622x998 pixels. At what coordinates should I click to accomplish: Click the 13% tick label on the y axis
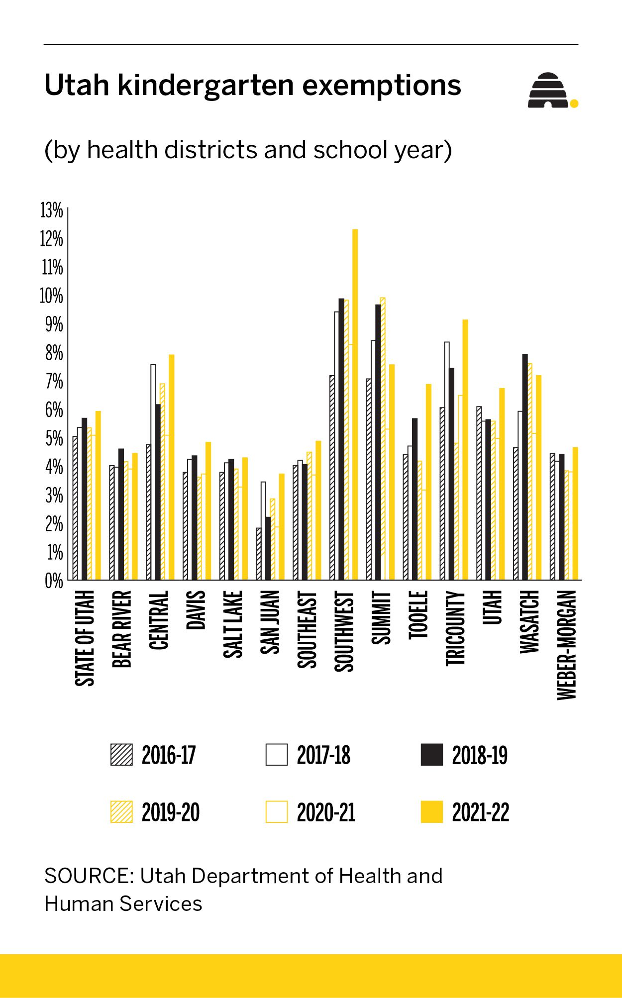[x=52, y=210]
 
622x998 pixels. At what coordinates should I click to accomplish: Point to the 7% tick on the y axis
[x=54, y=382]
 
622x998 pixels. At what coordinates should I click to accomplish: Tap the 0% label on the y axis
[x=54, y=581]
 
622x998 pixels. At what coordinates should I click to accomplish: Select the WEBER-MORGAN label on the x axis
[x=567, y=645]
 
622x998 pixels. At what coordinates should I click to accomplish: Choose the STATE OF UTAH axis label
[x=85, y=638]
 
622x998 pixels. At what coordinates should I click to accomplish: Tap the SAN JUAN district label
[x=270, y=622]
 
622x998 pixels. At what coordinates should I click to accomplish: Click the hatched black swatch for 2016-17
[x=121, y=754]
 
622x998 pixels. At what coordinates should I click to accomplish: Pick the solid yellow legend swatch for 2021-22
[x=431, y=811]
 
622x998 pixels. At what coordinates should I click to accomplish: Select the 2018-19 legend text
[x=480, y=755]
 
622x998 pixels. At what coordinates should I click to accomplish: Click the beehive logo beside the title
[x=550, y=91]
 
